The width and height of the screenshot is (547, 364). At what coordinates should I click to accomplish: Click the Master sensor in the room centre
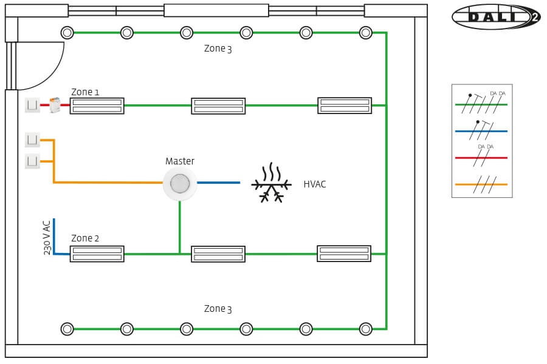(180, 183)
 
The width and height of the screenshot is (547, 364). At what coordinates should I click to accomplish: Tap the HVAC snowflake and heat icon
(271, 183)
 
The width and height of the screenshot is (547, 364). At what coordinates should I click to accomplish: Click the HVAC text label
(315, 184)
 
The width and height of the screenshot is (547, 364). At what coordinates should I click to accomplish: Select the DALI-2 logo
(495, 17)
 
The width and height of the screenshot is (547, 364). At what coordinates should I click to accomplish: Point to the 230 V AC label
(47, 237)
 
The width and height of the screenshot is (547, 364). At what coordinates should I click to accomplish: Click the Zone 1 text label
(85, 92)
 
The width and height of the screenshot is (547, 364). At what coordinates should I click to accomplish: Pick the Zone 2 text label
(85, 238)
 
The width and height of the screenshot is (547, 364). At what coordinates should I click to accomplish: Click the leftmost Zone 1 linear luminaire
(97, 106)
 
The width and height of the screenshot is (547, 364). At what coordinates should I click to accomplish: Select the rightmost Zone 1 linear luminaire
(345, 106)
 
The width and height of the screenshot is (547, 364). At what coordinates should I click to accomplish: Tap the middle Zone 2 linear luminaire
(218, 254)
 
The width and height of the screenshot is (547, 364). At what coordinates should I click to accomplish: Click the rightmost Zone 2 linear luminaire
(344, 254)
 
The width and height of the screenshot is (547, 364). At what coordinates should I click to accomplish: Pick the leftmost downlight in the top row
(67, 33)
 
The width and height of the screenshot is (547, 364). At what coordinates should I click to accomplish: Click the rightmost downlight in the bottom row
(365, 329)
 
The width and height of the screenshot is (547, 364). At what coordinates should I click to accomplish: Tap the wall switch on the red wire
(32, 106)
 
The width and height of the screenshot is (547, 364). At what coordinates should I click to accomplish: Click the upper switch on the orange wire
(32, 140)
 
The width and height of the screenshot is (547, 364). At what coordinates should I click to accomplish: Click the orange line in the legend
(481, 184)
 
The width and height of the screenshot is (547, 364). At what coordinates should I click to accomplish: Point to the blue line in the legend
(481, 131)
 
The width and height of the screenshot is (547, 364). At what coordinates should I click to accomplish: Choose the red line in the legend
(481, 158)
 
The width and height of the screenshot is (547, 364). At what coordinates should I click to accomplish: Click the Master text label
(180, 161)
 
